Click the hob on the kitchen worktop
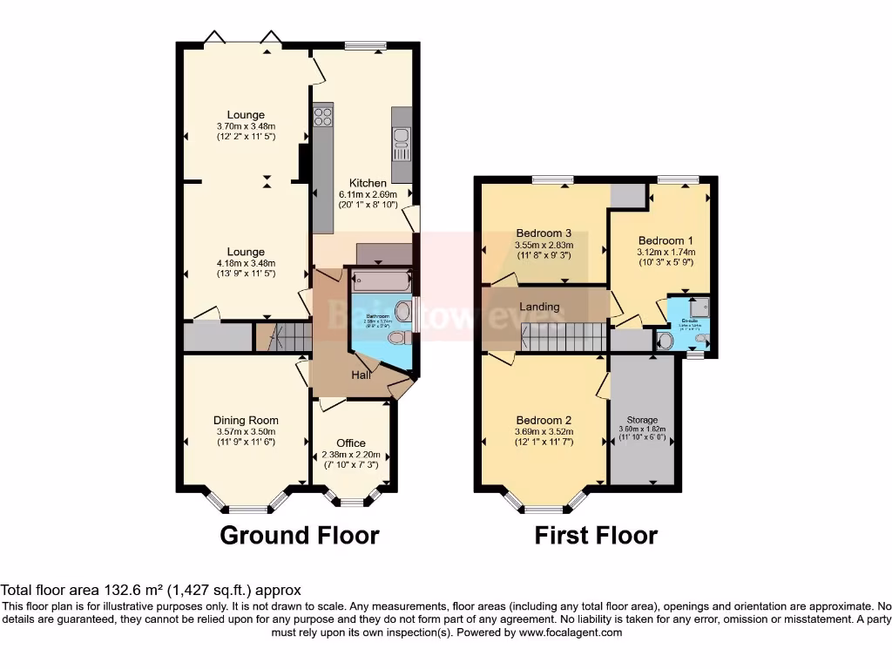point(323,115)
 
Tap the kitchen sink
point(402,140)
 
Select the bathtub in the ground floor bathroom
point(377,281)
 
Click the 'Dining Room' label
point(246,420)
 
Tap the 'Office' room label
point(351,443)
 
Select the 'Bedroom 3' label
point(544,233)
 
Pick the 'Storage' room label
point(643,420)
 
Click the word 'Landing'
point(539,307)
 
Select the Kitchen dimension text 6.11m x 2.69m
point(368,194)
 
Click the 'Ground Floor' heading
point(299,535)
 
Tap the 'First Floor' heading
point(596,535)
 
